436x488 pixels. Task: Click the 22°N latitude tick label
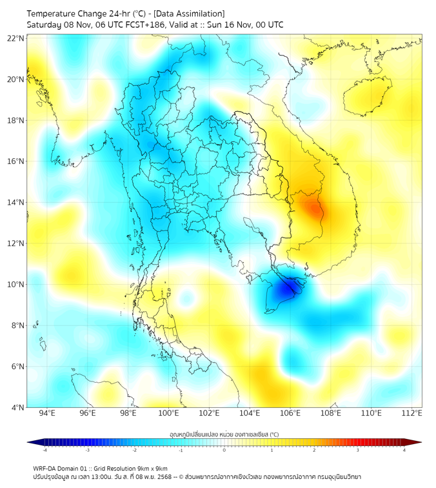(x=16, y=38)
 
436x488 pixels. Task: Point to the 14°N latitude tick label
(x=16, y=202)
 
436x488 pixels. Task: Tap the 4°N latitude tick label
(x=17, y=407)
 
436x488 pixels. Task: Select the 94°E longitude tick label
(x=47, y=413)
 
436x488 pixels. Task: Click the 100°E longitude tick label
(x=168, y=413)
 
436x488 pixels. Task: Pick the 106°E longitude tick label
(x=290, y=413)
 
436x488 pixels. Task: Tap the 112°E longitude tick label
(x=411, y=413)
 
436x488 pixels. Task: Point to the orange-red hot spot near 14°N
(x=314, y=208)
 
